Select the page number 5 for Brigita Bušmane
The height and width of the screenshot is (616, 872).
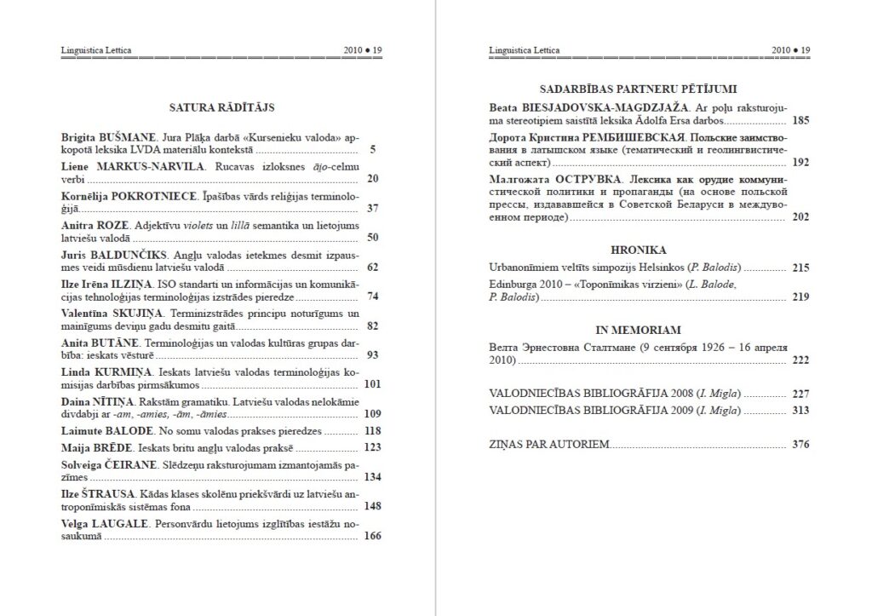tap(376, 150)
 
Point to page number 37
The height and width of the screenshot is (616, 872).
tap(372, 208)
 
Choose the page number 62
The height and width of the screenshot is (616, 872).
tap(372, 267)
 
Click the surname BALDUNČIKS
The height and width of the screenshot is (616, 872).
tap(131, 254)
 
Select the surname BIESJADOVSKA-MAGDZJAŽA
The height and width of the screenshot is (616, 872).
tap(600, 107)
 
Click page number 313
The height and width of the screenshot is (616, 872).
tap(800, 411)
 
